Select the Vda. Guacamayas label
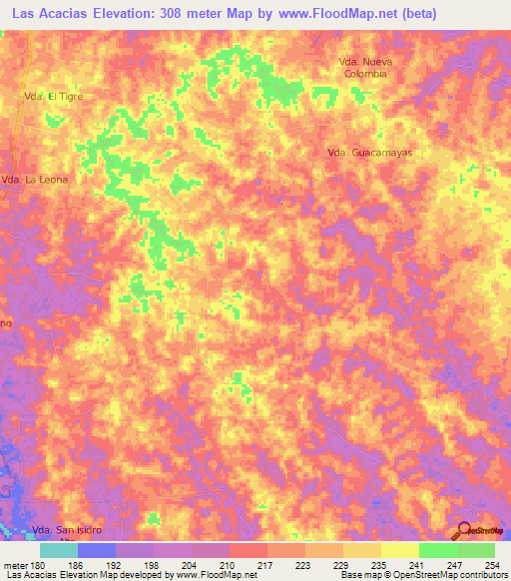click(x=369, y=153)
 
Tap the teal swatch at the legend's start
click(x=58, y=550)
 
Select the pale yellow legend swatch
click(x=399, y=550)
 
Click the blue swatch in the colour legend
click(x=96, y=550)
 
